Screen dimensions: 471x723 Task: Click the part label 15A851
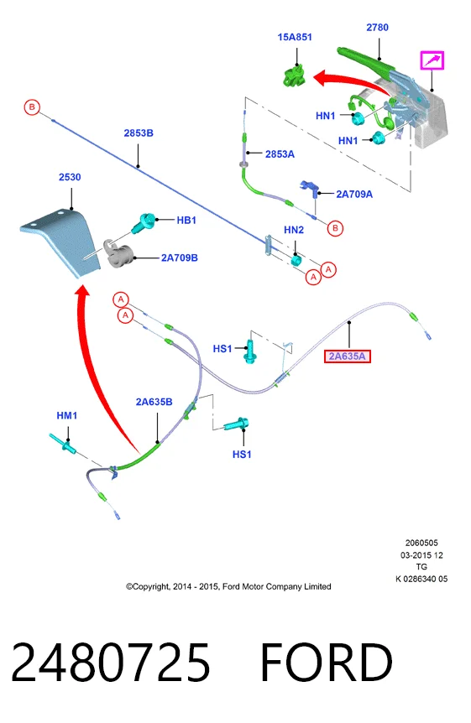295,37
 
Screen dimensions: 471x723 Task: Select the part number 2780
377,27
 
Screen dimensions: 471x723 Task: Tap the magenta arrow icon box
432,60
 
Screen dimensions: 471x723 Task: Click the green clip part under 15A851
295,76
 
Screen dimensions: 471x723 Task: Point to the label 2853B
139,133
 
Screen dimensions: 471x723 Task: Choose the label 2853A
280,154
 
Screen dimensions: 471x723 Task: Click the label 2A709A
354,194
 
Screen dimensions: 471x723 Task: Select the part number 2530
70,177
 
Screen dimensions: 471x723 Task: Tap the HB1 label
186,220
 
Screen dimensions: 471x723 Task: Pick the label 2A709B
179,257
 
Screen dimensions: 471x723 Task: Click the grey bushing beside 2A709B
119,253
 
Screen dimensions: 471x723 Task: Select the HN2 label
294,230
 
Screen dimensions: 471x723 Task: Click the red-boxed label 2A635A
348,356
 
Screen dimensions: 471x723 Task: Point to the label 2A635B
154,402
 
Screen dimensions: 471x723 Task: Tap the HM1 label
67,415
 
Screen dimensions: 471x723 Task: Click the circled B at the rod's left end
32,107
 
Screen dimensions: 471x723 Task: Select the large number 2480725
110,662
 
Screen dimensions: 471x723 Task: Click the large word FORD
327,662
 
